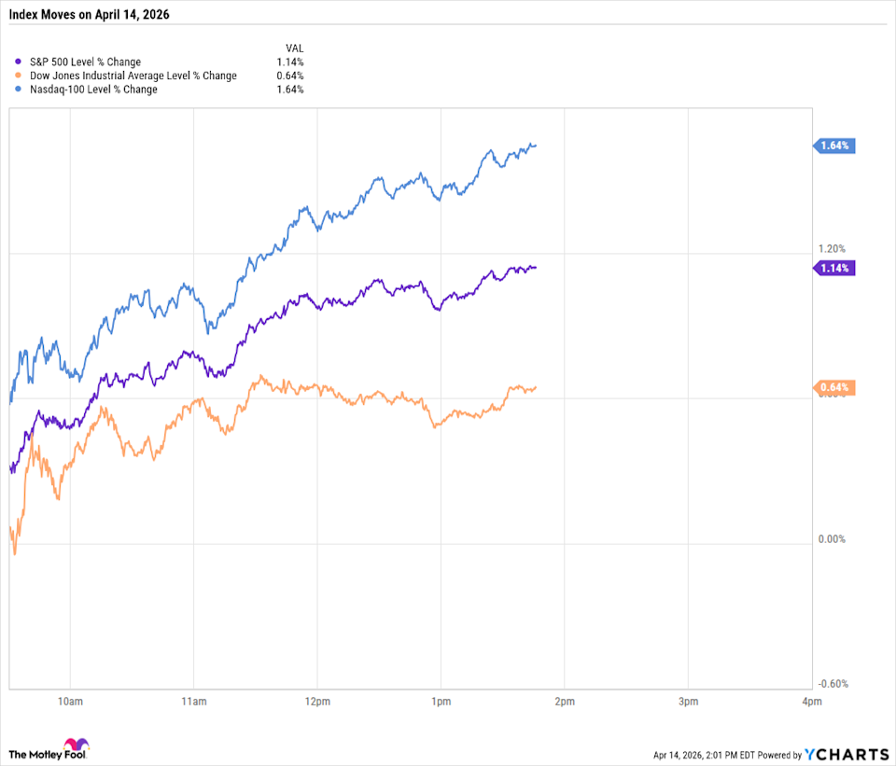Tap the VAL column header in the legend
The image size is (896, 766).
click(x=294, y=48)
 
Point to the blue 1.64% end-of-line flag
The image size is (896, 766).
click(x=835, y=146)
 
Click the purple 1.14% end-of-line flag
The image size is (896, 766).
click(x=835, y=268)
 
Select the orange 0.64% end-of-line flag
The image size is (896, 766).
click(x=835, y=388)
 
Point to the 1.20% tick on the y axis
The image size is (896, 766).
click(x=832, y=248)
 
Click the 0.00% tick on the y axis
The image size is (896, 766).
click(x=832, y=539)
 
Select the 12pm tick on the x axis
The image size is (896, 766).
click(x=317, y=701)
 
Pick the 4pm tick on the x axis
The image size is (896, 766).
click(x=811, y=701)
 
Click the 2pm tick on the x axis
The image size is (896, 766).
click(x=563, y=701)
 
